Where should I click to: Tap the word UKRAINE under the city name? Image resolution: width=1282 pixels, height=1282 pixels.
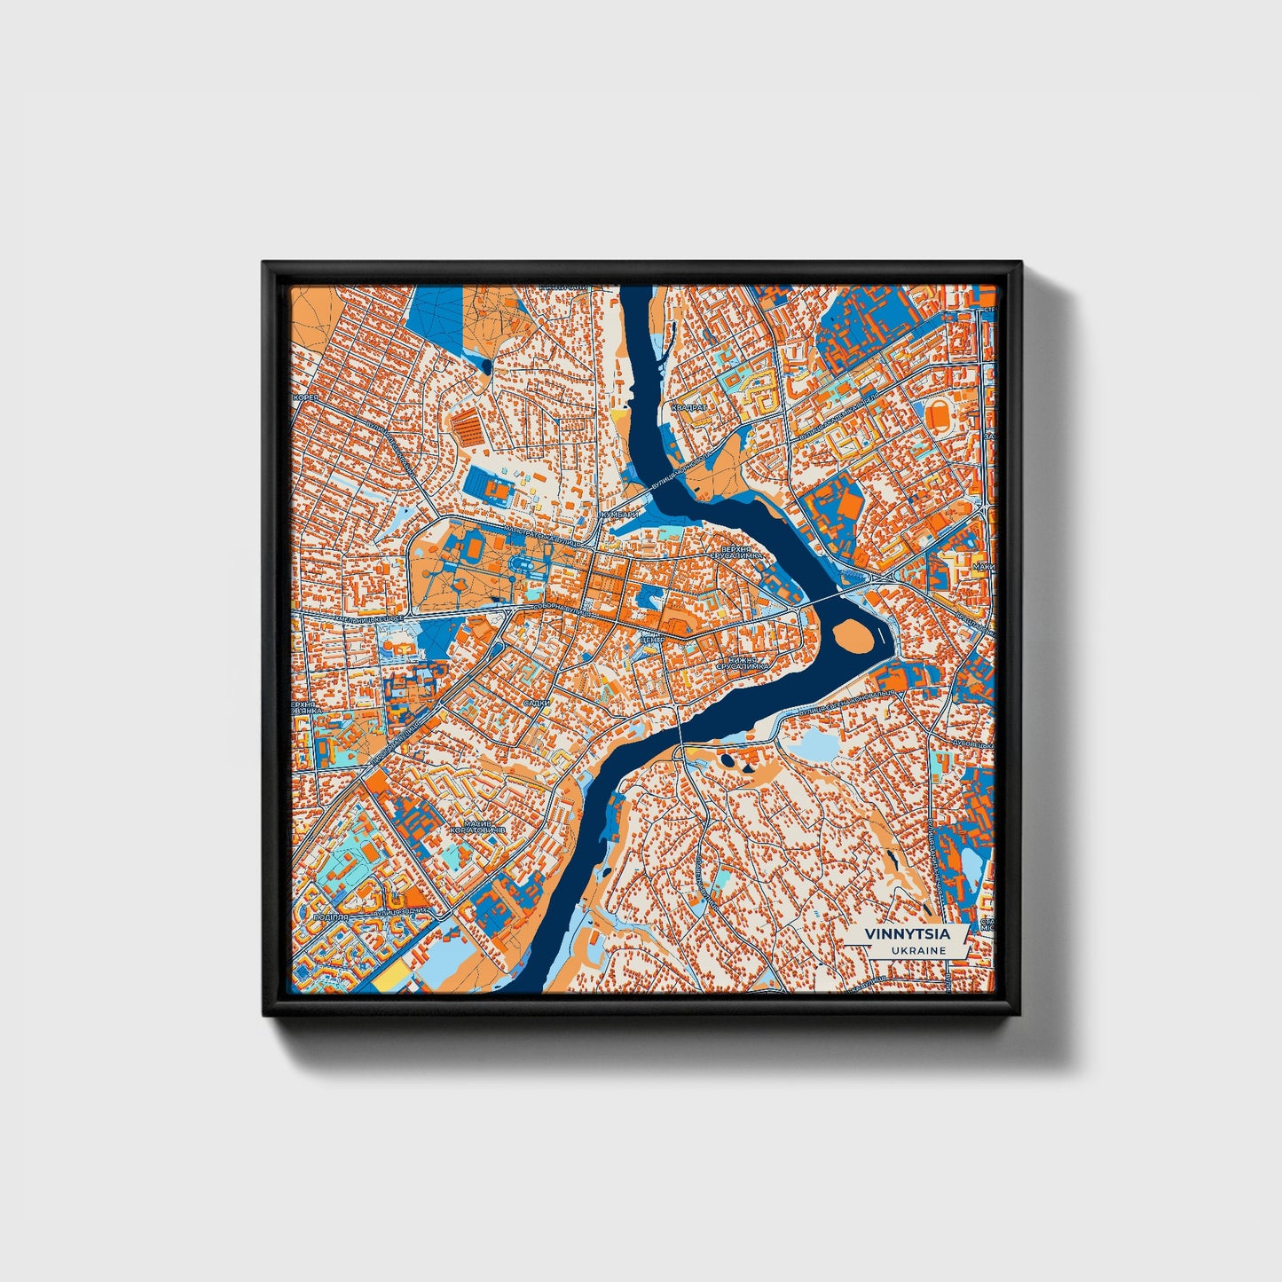(921, 950)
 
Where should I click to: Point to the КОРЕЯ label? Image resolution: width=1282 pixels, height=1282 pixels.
(306, 397)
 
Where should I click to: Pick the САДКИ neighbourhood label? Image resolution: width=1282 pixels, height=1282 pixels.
(537, 703)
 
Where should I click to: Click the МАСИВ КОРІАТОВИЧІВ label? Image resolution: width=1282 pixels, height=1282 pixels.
(477, 825)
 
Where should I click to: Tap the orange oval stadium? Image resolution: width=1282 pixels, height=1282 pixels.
(938, 413)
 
